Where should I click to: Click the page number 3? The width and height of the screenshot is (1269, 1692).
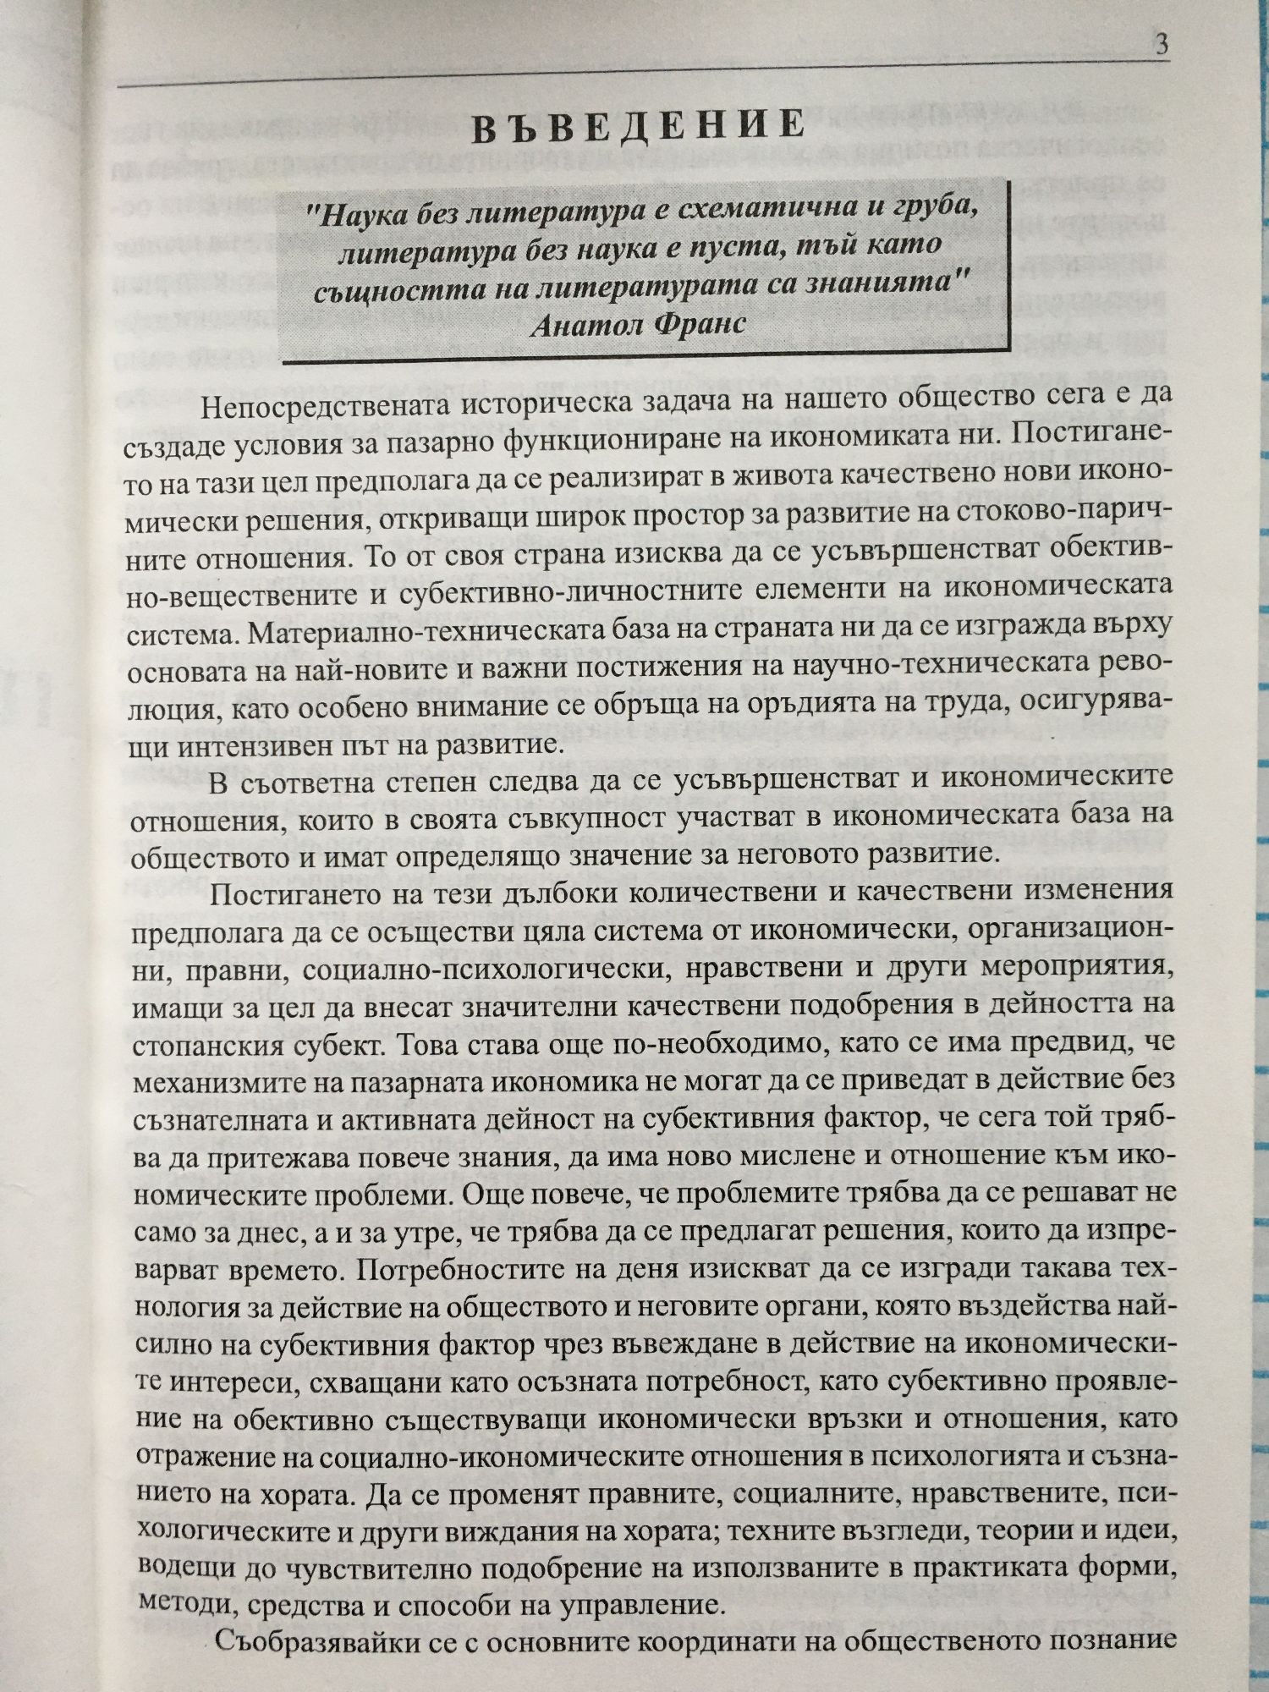pyautogui.click(x=1162, y=44)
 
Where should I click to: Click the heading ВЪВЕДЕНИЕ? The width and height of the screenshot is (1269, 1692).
pyautogui.click(x=637, y=125)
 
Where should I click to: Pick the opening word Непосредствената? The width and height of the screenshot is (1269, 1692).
pyautogui.click(x=325, y=406)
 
